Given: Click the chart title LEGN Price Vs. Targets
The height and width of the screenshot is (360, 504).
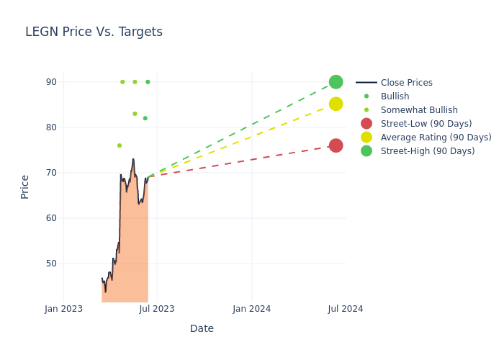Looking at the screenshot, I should (x=94, y=32).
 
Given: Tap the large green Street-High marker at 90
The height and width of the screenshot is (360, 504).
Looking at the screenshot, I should (x=336, y=82).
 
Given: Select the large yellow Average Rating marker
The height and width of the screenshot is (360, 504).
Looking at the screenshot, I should (x=336, y=104).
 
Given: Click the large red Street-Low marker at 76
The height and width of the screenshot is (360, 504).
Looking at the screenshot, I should (x=336, y=145).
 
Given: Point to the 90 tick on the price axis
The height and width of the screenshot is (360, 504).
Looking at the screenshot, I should (x=51, y=82).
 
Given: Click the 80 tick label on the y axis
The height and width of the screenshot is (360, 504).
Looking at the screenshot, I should (x=51, y=127).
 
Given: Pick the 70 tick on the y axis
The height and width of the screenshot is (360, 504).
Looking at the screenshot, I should (x=51, y=173).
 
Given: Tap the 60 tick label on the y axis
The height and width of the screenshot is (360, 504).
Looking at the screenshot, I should (x=51, y=218).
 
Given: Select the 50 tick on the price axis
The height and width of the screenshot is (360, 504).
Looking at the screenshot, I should (x=51, y=264).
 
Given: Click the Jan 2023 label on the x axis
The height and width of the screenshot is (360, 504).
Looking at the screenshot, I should (x=63, y=309).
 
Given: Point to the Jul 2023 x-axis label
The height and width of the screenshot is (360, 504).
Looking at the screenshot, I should (x=157, y=309).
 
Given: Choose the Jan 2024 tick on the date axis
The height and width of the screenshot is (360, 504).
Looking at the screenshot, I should (x=252, y=309).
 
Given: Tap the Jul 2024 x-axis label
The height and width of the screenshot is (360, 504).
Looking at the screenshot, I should (x=346, y=309).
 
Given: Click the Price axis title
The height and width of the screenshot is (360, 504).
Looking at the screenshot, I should (x=25, y=186).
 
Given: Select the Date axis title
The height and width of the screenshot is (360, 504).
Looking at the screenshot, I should (x=202, y=328).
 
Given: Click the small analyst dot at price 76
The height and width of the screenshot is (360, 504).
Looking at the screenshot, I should (x=120, y=145).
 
